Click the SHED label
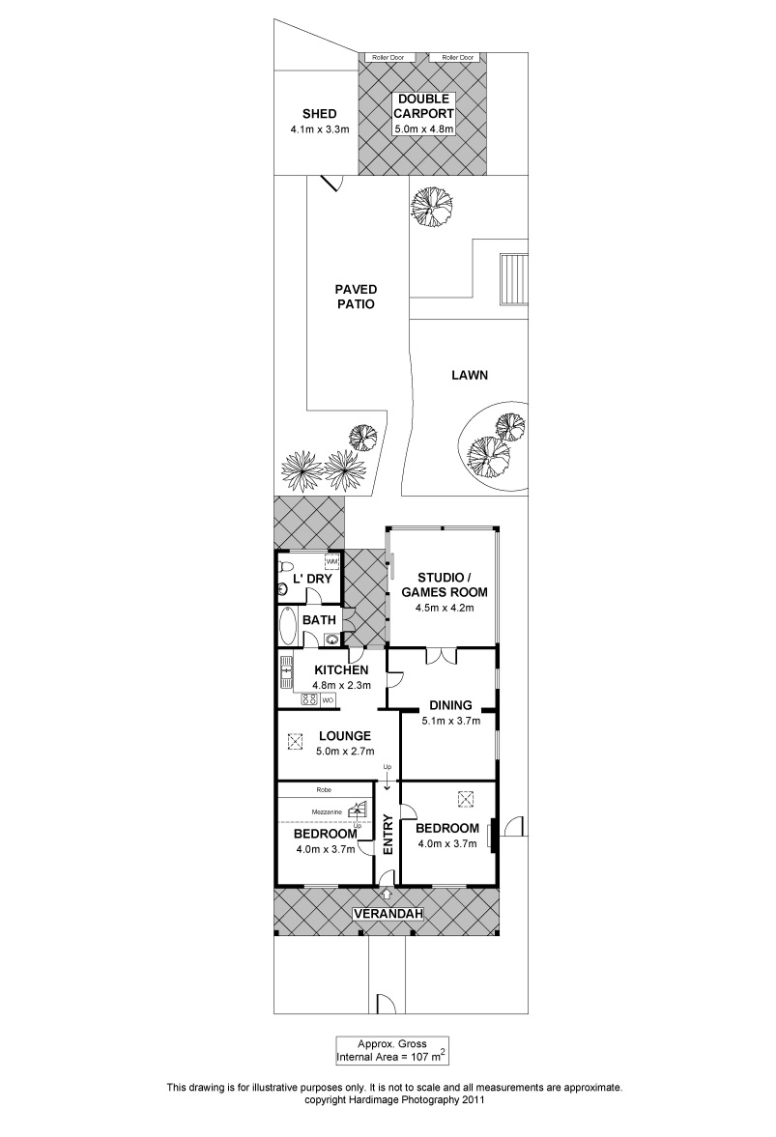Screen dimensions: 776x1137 pyautogui.click(x=319, y=114)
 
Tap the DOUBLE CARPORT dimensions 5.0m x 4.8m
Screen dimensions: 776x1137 pyautogui.click(x=424, y=129)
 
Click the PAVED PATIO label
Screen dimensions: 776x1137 pyautogui.click(x=356, y=297)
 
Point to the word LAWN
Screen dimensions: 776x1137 pyautogui.click(x=470, y=375)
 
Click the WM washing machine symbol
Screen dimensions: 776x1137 pyautogui.click(x=332, y=562)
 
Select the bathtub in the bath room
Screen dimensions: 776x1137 pyautogui.click(x=286, y=625)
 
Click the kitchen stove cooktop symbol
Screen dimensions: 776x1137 pyautogui.click(x=309, y=699)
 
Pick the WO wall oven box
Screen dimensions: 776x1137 pyautogui.click(x=328, y=699)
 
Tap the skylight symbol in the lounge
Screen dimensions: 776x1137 pyautogui.click(x=295, y=742)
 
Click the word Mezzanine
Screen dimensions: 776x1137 pyautogui.click(x=327, y=811)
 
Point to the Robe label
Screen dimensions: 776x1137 pyautogui.click(x=324, y=789)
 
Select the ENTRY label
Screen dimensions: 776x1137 pyautogui.click(x=388, y=835)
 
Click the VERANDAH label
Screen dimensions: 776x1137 pyautogui.click(x=388, y=914)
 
